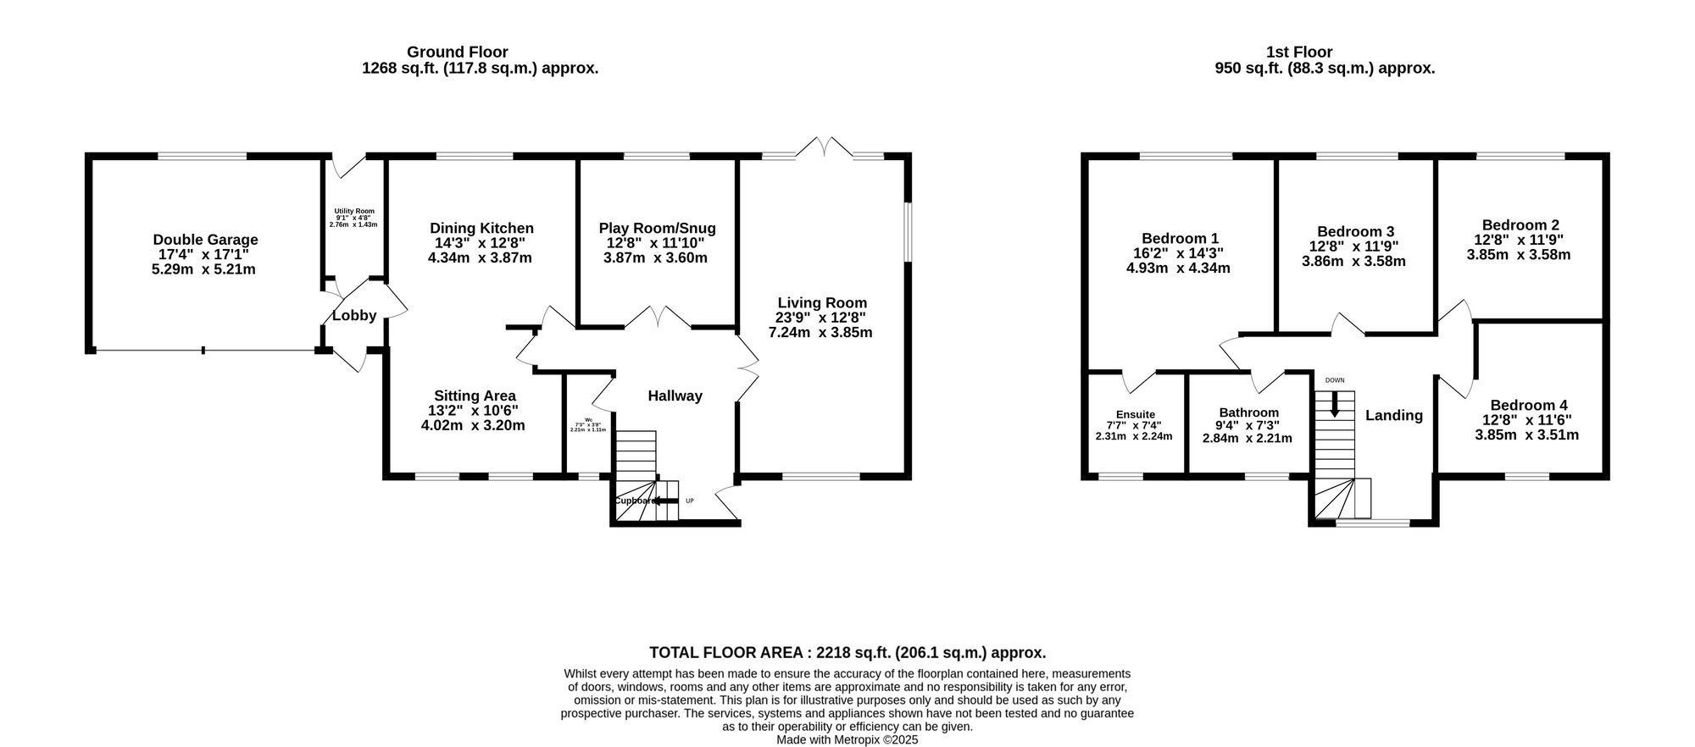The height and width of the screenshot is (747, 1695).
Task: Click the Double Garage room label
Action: pos(205,240)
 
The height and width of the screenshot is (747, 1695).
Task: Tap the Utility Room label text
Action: pos(353,211)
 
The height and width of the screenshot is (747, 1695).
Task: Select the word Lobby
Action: pos(354,316)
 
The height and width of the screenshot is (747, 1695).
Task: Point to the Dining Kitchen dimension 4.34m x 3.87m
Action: pos(480,257)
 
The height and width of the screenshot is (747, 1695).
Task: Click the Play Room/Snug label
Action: pos(657,228)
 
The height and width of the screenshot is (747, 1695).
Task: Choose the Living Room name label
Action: pos(822,302)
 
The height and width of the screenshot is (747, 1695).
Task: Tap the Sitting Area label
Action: pos(475,396)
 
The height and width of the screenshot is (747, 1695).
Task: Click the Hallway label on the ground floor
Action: pos(675,396)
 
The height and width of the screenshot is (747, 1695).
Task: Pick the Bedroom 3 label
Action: pos(1355,231)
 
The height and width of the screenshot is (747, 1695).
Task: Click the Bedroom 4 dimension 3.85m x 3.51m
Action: pos(1526,435)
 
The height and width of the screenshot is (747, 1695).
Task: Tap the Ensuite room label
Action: pos(1135,414)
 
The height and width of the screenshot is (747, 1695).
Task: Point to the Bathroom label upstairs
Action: pos(1248,412)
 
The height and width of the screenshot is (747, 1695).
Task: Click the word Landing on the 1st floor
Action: pos(1393,415)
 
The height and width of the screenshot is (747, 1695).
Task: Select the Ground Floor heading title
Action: pos(457,53)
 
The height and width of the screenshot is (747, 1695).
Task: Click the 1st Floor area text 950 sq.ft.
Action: pos(1324,69)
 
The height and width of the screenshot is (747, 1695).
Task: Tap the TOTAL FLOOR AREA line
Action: pos(847,652)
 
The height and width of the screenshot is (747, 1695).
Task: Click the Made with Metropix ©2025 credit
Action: pos(847,739)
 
